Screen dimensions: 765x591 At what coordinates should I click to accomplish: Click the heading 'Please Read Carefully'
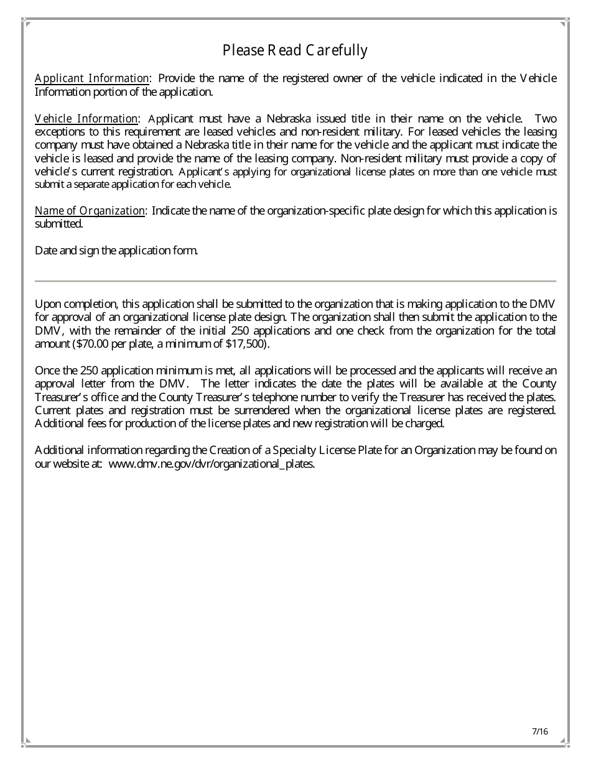[295, 50]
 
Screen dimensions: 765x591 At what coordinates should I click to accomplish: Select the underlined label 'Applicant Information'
[92, 78]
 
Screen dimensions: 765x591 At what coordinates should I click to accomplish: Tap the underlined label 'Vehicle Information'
[86, 119]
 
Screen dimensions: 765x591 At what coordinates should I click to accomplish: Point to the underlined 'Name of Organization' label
[90, 211]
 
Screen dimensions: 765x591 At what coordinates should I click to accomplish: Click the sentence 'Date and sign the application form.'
[116, 251]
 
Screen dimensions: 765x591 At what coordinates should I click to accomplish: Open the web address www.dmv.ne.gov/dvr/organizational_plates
[212, 464]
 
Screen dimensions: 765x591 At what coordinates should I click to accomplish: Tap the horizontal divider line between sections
[295, 281]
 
